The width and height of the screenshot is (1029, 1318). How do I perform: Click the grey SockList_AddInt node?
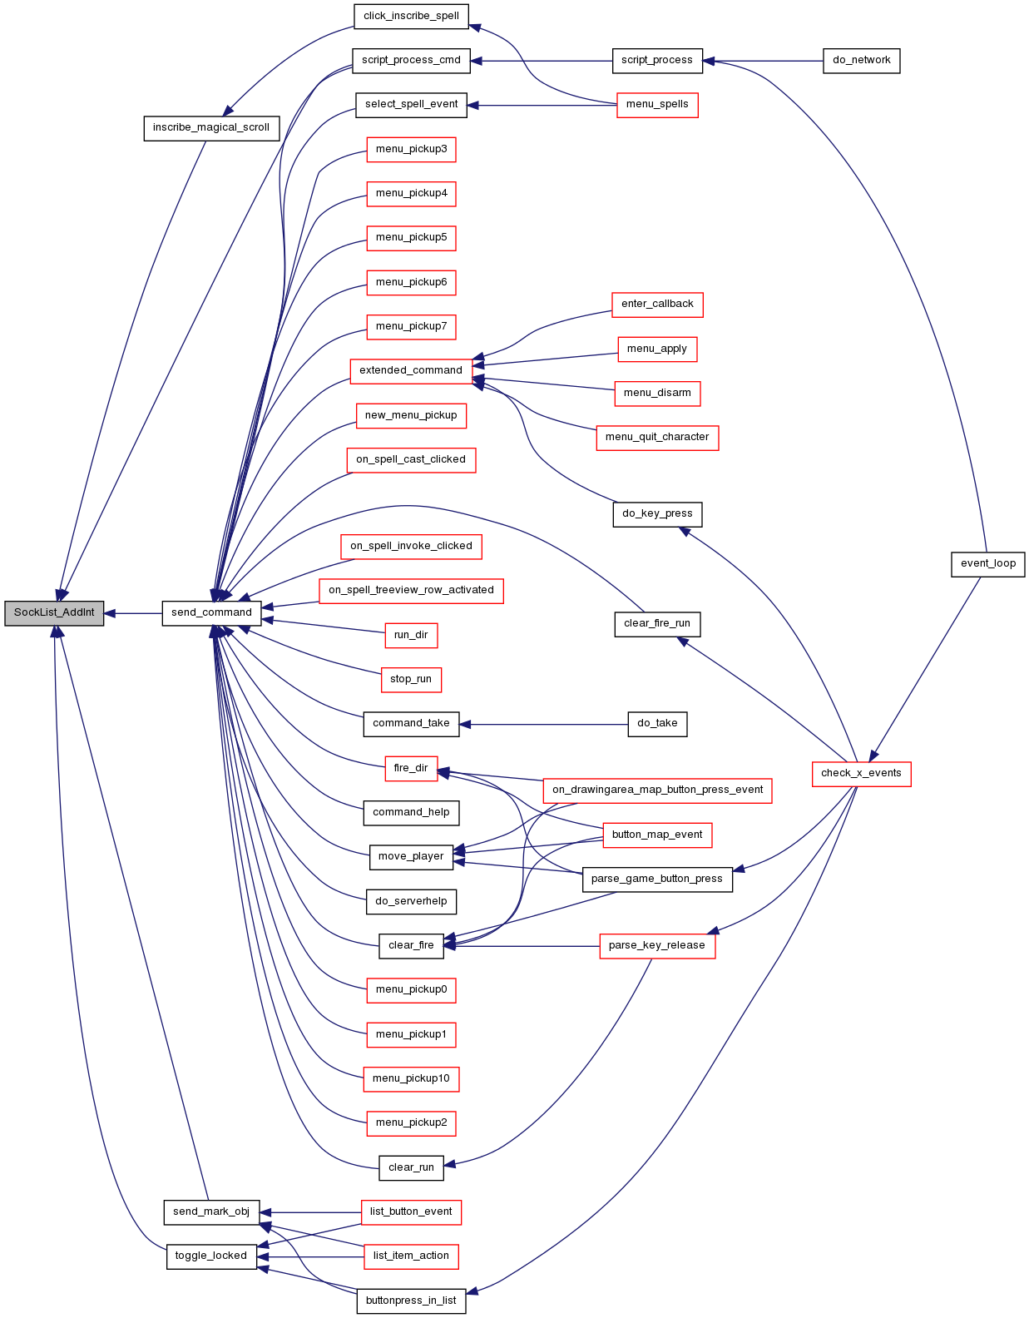tap(54, 613)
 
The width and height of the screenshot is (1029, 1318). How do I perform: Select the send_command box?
tap(211, 613)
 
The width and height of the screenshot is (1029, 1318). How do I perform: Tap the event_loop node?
tap(987, 564)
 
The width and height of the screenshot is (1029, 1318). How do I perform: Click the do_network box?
tap(861, 61)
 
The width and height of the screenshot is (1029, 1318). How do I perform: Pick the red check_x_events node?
tap(861, 774)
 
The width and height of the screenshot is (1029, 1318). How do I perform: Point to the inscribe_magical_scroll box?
tap(211, 128)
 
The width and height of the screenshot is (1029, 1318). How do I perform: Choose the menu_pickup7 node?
tap(411, 327)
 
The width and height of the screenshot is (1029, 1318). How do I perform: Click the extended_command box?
tap(411, 371)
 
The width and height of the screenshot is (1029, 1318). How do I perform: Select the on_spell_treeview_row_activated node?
tap(411, 591)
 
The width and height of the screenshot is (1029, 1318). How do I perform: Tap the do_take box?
tap(657, 724)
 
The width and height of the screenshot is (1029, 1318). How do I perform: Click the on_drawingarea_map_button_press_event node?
tap(657, 791)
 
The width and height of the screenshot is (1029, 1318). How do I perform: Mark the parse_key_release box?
tap(657, 946)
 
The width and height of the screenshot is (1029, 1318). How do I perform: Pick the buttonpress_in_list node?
tap(411, 1301)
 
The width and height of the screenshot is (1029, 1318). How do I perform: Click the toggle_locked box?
tap(211, 1256)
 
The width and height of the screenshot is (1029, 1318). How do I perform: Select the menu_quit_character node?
tap(657, 438)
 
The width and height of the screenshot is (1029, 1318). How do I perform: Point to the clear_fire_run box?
tap(657, 624)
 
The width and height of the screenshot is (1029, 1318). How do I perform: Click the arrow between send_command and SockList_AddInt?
tap(133, 613)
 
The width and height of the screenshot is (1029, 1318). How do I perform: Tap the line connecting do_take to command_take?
tap(544, 724)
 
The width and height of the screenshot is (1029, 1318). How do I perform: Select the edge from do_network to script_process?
tap(763, 61)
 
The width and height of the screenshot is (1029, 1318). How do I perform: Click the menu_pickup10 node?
tap(411, 1079)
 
